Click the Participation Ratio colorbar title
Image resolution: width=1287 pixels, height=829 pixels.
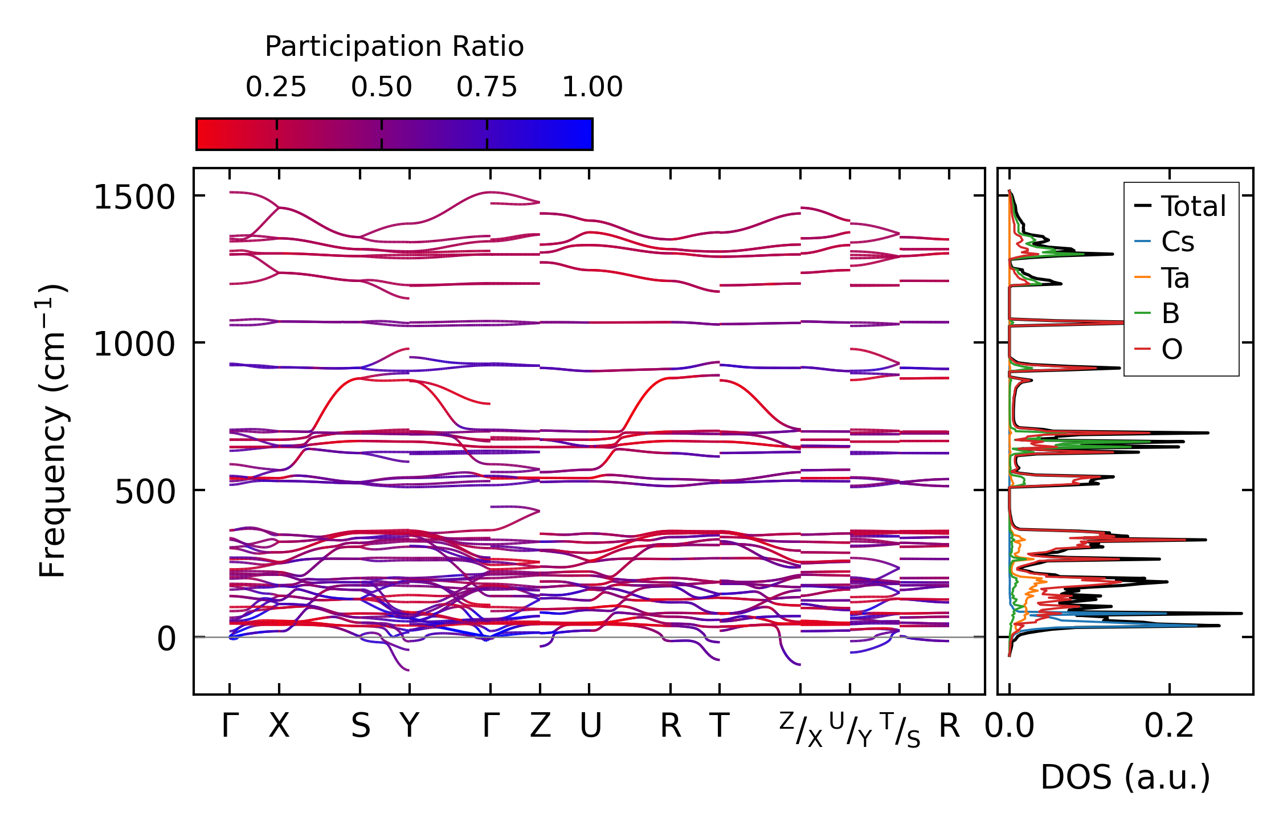[394, 47]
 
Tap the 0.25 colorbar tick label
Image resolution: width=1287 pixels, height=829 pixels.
[276, 88]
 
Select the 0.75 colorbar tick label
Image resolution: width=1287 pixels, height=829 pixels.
[487, 88]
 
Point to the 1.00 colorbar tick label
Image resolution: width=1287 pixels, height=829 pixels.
[592, 88]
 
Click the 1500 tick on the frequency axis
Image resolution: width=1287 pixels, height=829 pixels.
[134, 199]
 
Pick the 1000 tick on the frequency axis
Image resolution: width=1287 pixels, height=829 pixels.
[134, 345]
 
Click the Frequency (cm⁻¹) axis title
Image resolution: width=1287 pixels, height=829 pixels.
[52, 431]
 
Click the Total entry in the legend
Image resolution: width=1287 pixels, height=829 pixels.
[1193, 206]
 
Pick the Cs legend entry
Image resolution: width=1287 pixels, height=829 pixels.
[1177, 242]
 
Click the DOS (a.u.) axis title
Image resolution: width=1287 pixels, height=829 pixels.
[1125, 777]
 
